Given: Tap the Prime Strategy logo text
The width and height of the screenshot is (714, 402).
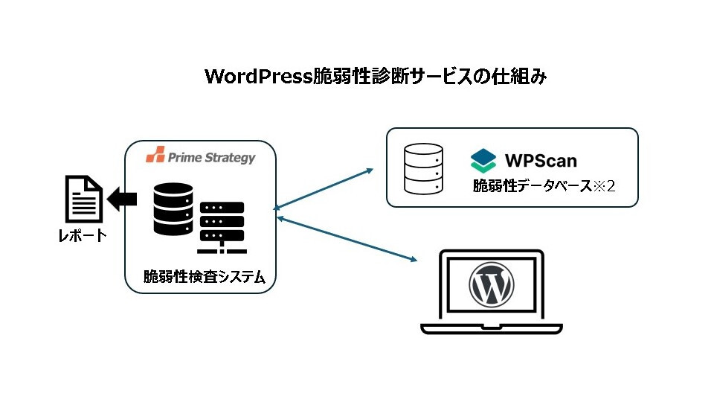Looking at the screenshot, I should point(211,157).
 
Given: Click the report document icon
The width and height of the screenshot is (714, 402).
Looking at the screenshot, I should point(83,199).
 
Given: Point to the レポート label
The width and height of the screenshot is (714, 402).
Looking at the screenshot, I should point(83,237).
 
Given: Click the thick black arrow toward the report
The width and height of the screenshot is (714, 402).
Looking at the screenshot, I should point(122,199).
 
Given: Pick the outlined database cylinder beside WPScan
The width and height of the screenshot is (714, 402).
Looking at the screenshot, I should point(423,169).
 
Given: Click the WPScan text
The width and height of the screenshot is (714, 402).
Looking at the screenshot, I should point(541,160).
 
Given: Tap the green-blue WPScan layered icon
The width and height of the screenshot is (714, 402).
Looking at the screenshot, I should point(483,160).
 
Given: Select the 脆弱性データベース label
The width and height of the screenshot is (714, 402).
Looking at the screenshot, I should point(529,185).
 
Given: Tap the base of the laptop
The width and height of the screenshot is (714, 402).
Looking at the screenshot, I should point(490,328).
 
